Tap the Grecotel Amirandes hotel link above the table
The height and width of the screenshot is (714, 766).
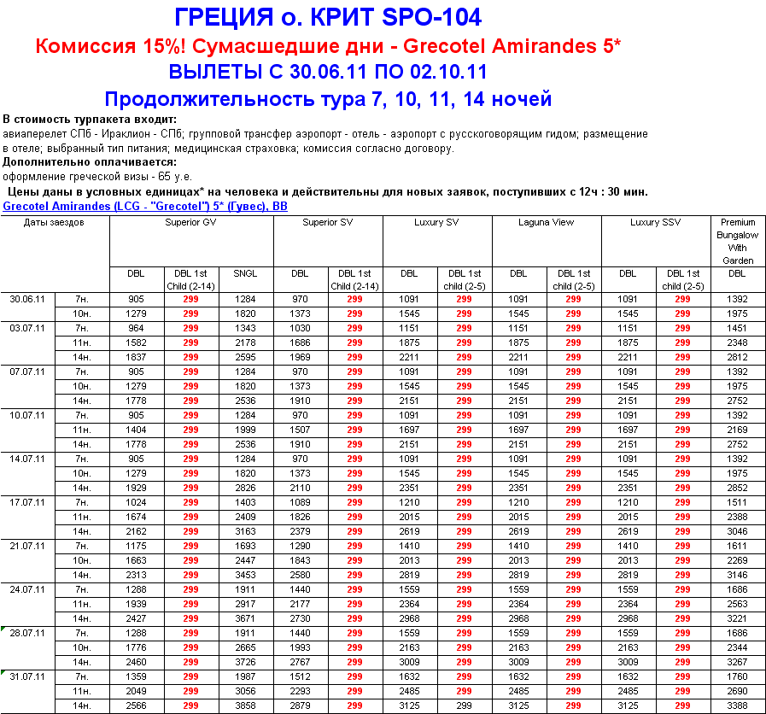[x=145, y=207]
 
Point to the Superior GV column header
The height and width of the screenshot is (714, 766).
[x=190, y=223]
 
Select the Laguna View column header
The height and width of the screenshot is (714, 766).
[x=547, y=223]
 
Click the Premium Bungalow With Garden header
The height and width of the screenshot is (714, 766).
[x=738, y=241]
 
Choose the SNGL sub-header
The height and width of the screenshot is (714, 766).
[x=245, y=274]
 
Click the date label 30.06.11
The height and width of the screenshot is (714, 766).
[x=27, y=300]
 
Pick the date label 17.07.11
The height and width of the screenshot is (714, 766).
[x=27, y=501]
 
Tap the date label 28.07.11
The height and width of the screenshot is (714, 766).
[x=27, y=634]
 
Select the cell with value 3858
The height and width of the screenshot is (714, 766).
[x=245, y=706]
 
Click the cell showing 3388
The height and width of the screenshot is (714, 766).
[x=738, y=706]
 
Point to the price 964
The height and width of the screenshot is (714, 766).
[x=136, y=328]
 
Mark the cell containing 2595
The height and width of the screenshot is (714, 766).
[x=245, y=357]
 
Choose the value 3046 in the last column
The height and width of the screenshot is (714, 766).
[x=738, y=530]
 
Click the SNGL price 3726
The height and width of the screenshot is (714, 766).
[x=245, y=662]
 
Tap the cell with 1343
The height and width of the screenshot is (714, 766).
[x=245, y=328]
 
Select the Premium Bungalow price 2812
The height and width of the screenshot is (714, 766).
[x=738, y=357]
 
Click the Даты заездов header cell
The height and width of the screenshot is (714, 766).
[x=54, y=223]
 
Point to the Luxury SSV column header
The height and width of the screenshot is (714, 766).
[x=656, y=223]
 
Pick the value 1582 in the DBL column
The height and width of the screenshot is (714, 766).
[x=136, y=342]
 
